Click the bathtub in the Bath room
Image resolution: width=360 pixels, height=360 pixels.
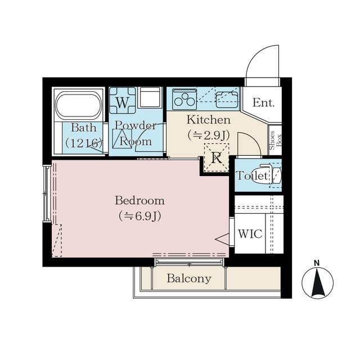click(x=79, y=105)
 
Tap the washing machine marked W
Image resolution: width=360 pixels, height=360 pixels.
click(x=123, y=101)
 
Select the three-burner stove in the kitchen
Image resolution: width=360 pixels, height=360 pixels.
click(x=184, y=100)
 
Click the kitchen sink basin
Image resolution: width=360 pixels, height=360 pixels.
click(x=227, y=99)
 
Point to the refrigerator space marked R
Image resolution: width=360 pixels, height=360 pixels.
click(x=217, y=157)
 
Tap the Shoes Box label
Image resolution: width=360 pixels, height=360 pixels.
click(x=275, y=140)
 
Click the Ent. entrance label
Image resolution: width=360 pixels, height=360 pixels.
click(x=264, y=102)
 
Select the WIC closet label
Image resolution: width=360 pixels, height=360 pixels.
click(x=250, y=234)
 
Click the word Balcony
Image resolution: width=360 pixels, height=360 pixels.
click(x=189, y=278)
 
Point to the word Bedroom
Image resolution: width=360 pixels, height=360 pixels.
click(x=139, y=200)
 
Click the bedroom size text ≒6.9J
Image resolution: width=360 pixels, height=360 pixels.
click(x=139, y=216)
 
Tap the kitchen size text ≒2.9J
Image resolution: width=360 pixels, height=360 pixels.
click(x=209, y=136)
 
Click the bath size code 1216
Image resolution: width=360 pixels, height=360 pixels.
click(x=84, y=143)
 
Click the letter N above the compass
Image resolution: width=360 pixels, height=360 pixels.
click(x=317, y=263)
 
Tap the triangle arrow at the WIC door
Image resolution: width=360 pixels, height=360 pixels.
click(x=222, y=239)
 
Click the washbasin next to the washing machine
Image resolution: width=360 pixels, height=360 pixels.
click(x=150, y=97)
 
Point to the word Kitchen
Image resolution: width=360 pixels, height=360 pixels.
click(x=209, y=120)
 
